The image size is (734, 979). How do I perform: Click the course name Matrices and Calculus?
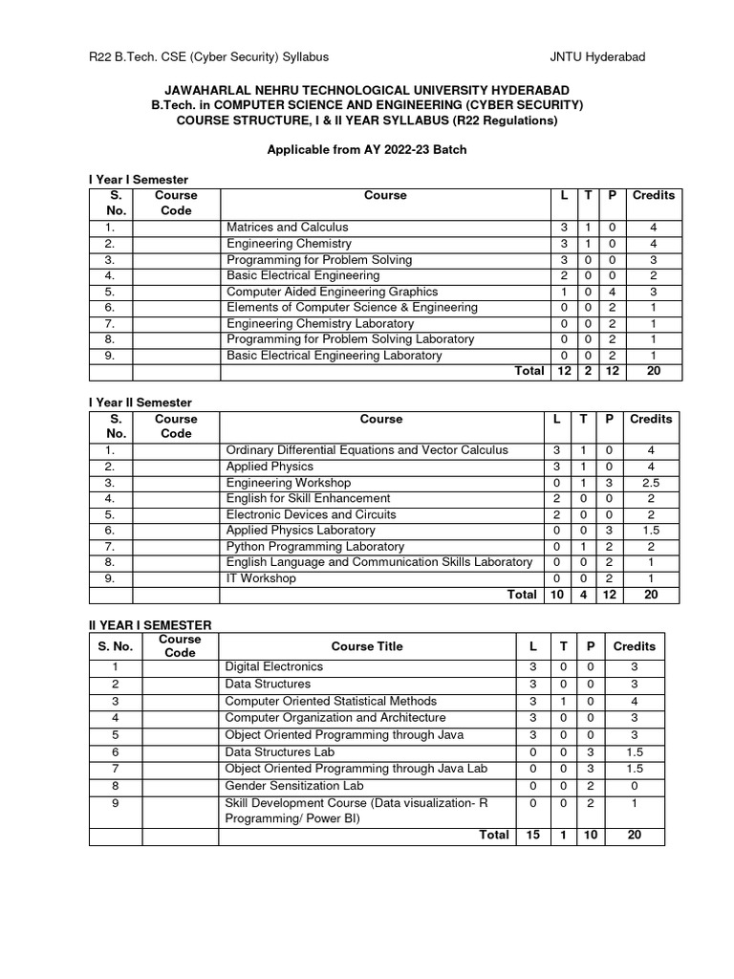coord(287,228)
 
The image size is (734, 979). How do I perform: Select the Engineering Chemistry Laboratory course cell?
coord(319,324)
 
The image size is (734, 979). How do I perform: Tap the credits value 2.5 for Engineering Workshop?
coord(651,483)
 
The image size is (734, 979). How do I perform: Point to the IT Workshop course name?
coord(261,578)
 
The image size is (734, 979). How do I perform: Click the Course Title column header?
coord(367,646)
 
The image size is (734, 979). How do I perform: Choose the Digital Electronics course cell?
coord(273,666)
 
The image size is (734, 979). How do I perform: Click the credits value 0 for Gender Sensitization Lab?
coord(634,786)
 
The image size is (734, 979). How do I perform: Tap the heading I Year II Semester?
coord(140,402)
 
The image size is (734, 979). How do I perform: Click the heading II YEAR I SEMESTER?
coord(150,624)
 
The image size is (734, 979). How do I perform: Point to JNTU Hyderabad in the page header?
coord(597,57)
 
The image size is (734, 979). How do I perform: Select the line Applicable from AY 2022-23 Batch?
coord(366,151)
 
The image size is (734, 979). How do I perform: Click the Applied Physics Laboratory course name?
coord(300,531)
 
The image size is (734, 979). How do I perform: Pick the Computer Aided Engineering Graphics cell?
coord(332,292)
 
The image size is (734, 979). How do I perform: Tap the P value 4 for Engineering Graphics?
coord(611,292)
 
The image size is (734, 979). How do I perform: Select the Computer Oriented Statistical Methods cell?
coord(330,702)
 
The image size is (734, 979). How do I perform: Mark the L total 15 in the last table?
coord(532,835)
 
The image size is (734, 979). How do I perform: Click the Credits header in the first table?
coord(653,195)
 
